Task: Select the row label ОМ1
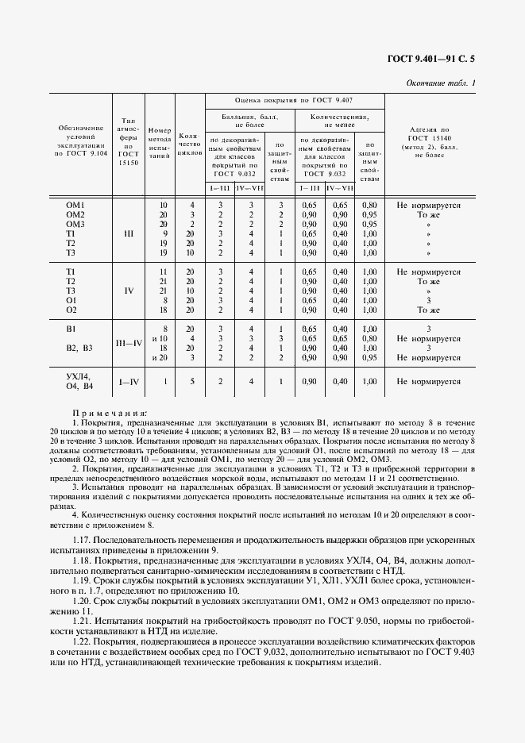[75, 205]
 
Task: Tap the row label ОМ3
[75, 225]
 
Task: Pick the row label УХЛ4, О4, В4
[79, 381]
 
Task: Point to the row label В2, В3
[79, 348]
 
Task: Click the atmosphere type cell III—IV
[128, 343]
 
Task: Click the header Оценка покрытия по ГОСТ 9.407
[294, 101]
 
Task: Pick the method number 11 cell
[164, 271]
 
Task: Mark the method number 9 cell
[164, 234]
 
